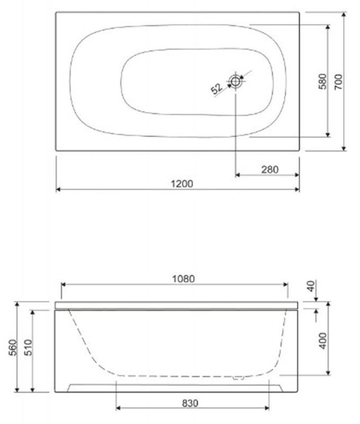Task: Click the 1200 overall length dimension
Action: tap(182, 184)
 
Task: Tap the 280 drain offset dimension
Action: tap(270, 170)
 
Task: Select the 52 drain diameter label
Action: tap(217, 88)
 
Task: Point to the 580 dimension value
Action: tap(322, 81)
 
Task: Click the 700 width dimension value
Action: tap(338, 82)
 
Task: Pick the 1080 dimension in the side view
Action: tap(184, 279)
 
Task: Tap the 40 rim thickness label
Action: tap(311, 286)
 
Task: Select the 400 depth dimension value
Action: tap(323, 341)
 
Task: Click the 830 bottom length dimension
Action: tap(190, 403)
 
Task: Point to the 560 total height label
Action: tap(13, 348)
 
